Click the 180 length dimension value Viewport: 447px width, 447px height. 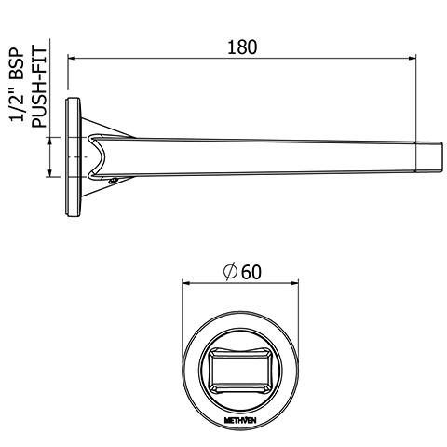coord(242,47)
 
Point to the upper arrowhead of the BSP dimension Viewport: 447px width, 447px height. coord(49,140)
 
